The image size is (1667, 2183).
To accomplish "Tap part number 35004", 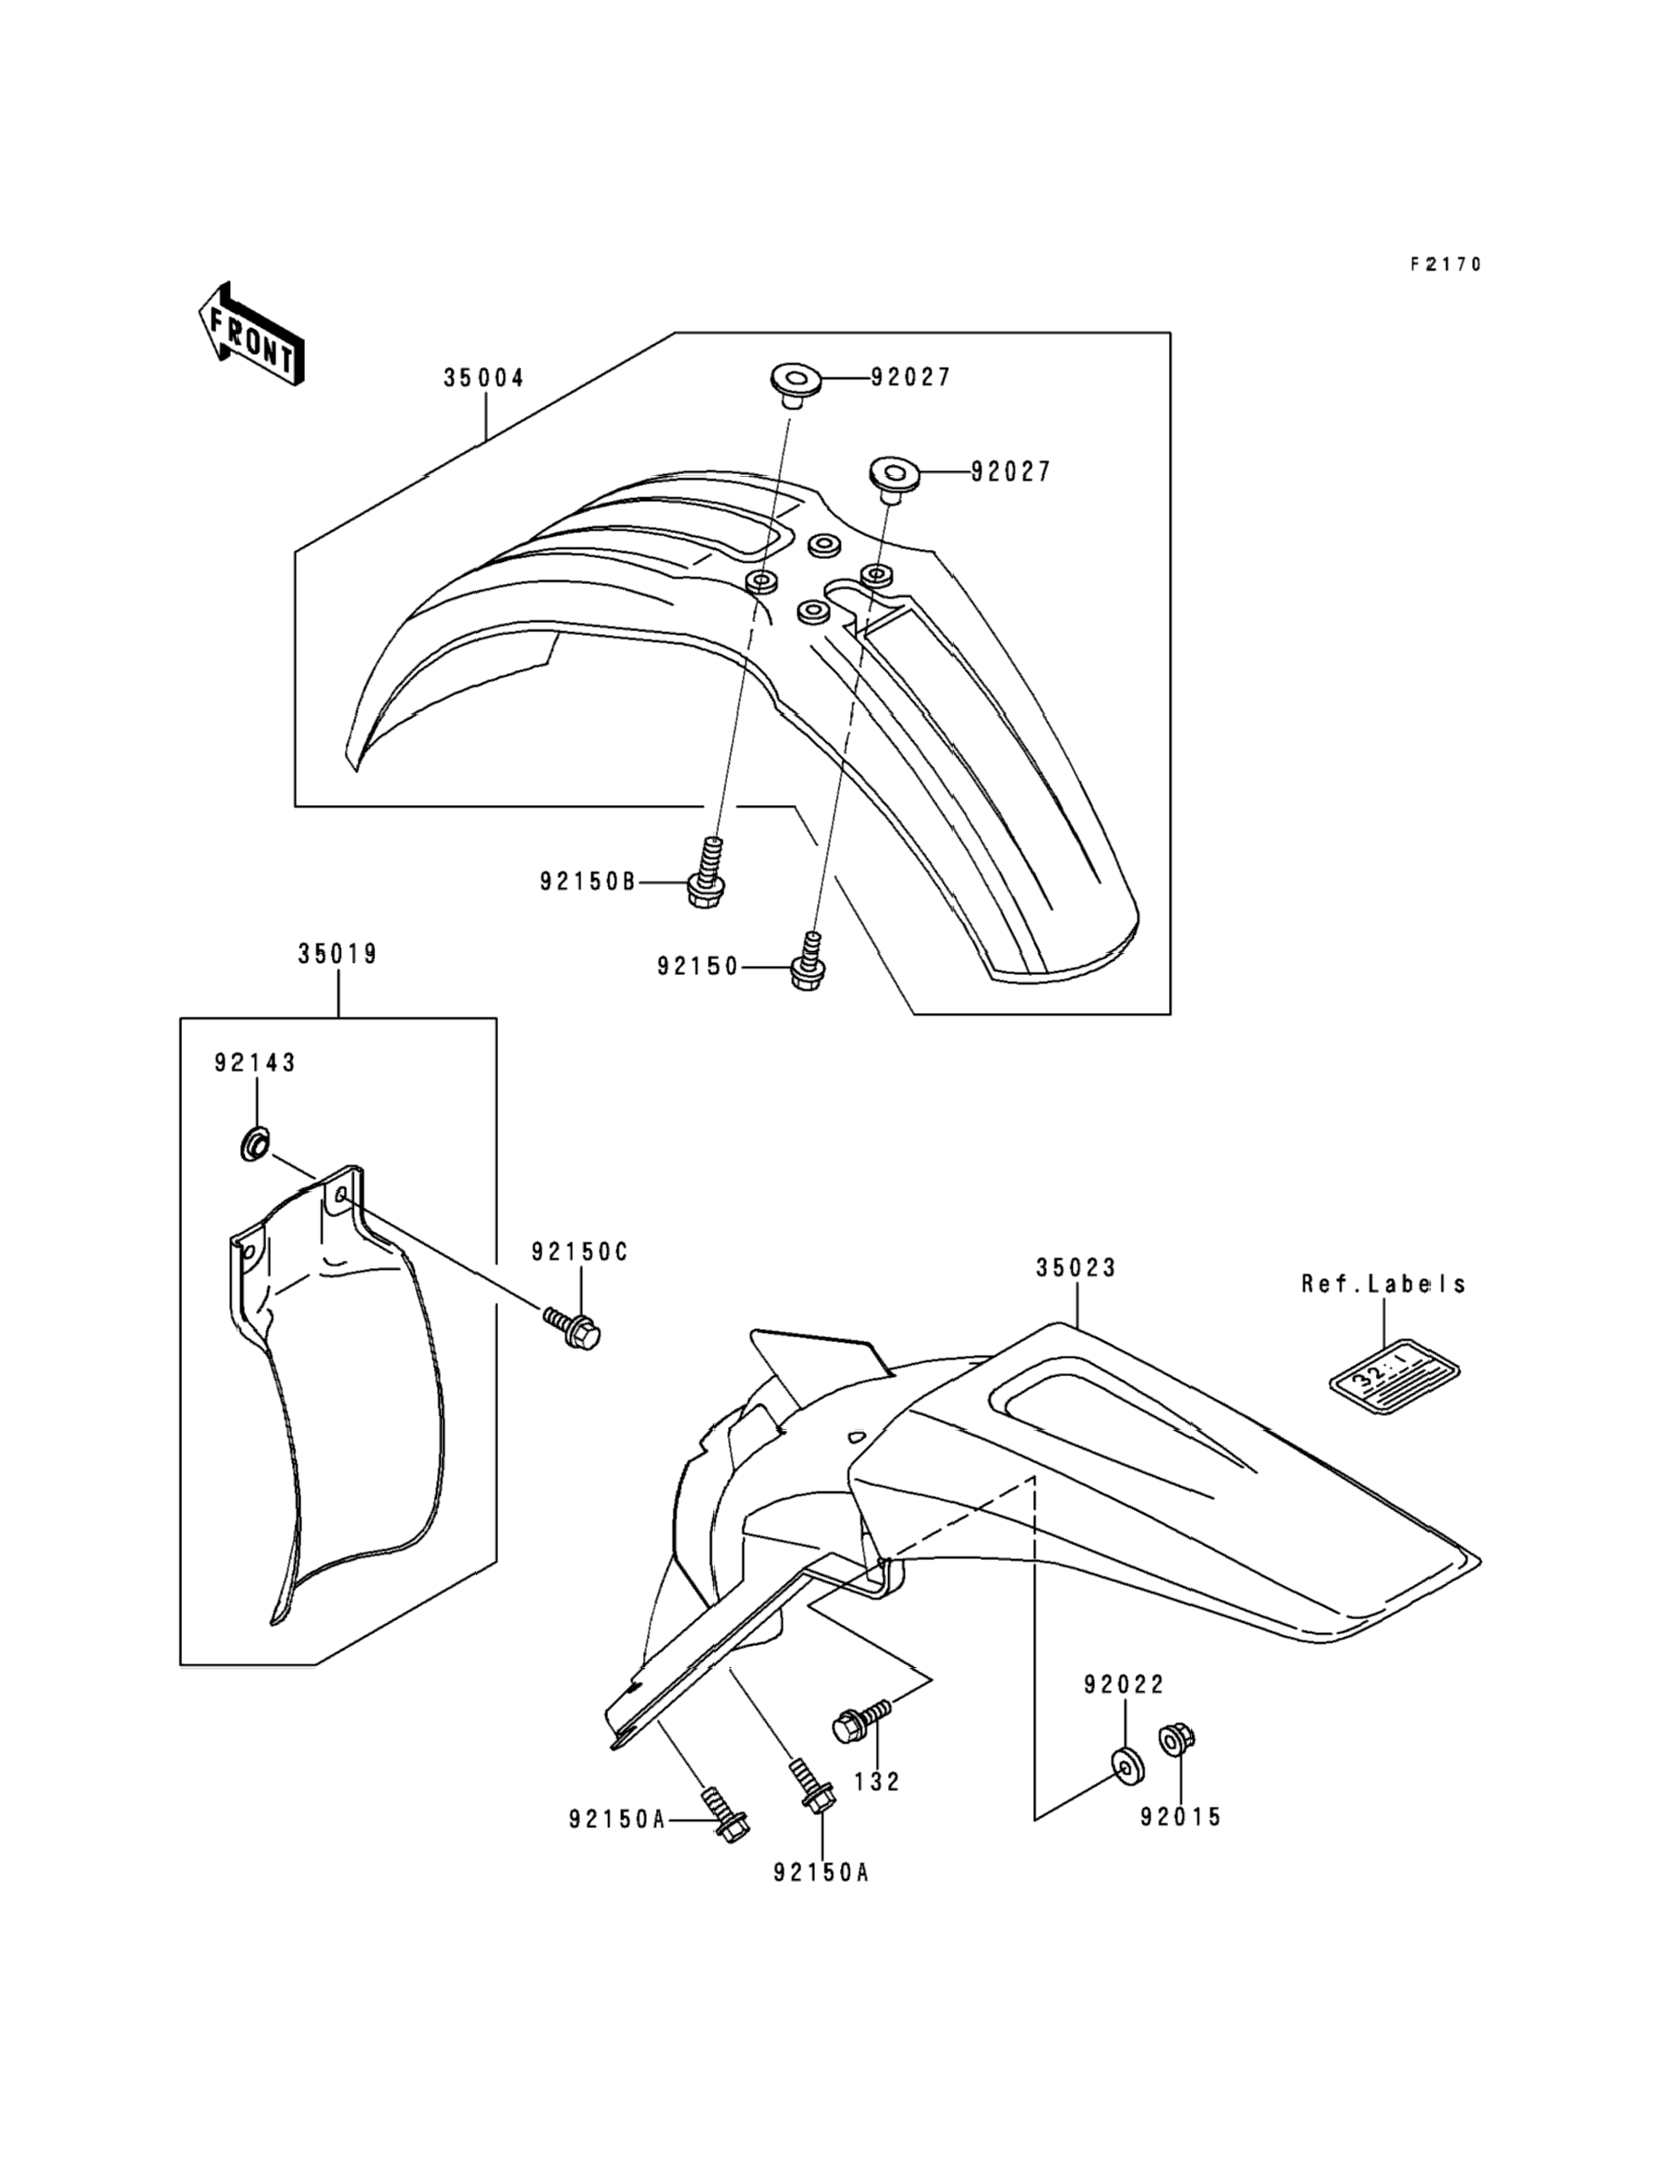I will pyautogui.click(x=484, y=378).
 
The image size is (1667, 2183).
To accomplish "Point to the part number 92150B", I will pyautogui.click(x=588, y=881).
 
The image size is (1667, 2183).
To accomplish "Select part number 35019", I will pyautogui.click(x=337, y=954).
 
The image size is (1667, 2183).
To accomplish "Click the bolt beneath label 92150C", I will pyautogui.click(x=575, y=1330).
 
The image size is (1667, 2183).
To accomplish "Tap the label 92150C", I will pyautogui.click(x=579, y=1252).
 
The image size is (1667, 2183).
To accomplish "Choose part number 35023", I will pyautogui.click(x=1077, y=1267).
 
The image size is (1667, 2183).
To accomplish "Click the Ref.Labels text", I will pyautogui.click(x=1383, y=1283).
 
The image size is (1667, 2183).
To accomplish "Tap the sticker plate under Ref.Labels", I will pyautogui.click(x=1394, y=1375).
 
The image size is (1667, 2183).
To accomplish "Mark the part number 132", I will pyautogui.click(x=876, y=1781).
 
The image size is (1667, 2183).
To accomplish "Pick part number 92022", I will pyautogui.click(x=1125, y=1684).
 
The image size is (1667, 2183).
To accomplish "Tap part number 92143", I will pyautogui.click(x=255, y=1063).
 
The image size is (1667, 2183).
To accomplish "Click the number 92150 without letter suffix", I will pyautogui.click(x=698, y=967).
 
